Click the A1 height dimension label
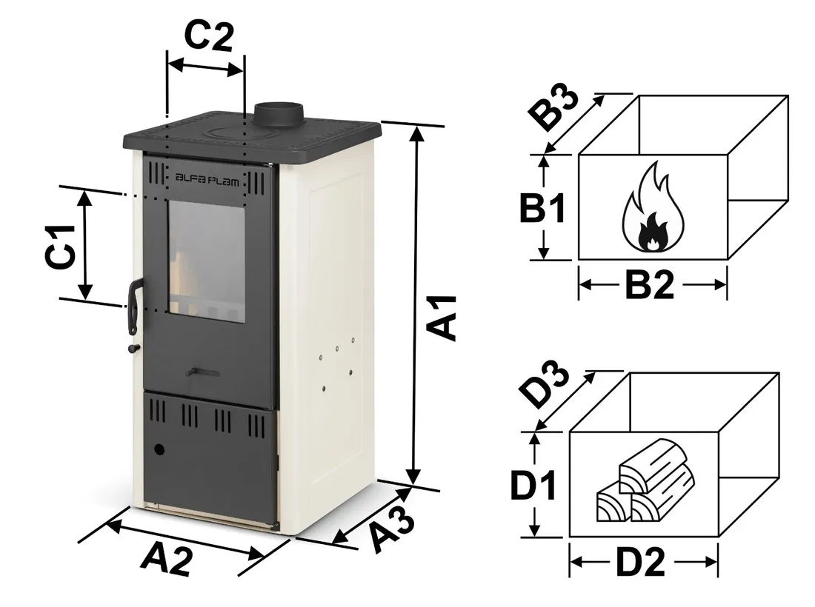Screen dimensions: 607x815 pos(443,318)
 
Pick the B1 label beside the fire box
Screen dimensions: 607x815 pos(542,209)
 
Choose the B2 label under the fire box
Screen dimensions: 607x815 pos(650,285)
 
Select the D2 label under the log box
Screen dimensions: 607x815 pos(641,565)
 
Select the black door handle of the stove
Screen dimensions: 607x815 pos(134,304)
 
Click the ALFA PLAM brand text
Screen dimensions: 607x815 pos(207,178)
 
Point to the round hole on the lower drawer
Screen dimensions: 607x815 pos(159,449)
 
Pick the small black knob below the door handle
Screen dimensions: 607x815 pos(133,348)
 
